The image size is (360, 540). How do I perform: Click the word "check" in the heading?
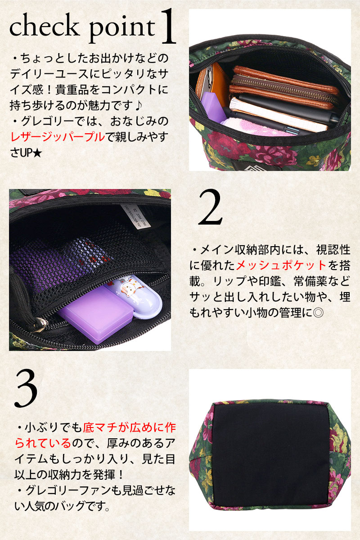coord(45,25)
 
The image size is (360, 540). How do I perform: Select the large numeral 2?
coord(210,207)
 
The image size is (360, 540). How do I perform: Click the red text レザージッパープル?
coord(58,137)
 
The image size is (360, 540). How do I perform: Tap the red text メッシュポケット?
coord(281,265)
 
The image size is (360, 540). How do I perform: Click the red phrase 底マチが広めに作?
coord(129,427)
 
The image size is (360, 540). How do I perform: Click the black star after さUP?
coord(37,153)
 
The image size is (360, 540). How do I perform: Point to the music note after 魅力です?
coord(139,105)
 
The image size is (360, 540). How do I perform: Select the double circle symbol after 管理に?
coord(318,313)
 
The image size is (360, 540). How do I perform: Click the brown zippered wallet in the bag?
coord(283,87)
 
